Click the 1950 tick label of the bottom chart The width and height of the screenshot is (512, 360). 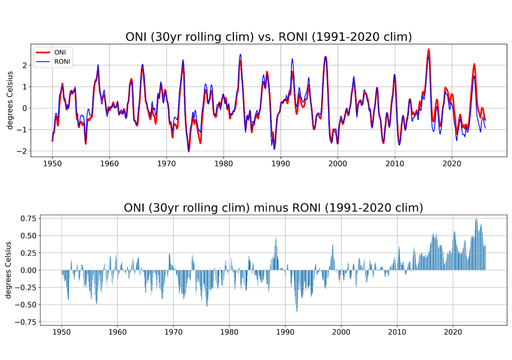pyautogui.click(x=61, y=331)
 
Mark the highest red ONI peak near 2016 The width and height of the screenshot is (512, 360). pyautogui.click(x=428, y=49)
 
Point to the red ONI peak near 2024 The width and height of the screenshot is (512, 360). pyautogui.click(x=474, y=64)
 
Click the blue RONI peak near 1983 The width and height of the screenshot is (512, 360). pyautogui.click(x=240, y=54)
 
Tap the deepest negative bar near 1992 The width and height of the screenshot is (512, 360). pyautogui.click(x=296, y=310)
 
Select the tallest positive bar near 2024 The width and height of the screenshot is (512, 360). pyautogui.click(x=476, y=219)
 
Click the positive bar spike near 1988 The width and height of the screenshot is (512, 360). pyautogui.click(x=276, y=238)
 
